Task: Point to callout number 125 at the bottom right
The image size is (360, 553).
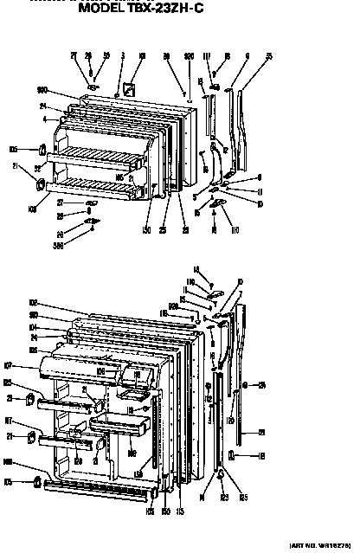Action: pos(244,499)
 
